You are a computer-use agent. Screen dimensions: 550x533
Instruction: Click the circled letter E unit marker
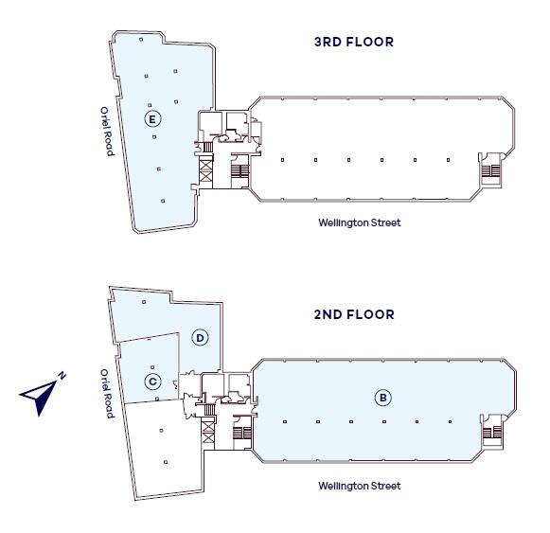pos(152,119)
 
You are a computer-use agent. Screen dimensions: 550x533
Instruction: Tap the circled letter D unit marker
pos(200,338)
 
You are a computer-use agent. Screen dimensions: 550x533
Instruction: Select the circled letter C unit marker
pos(153,382)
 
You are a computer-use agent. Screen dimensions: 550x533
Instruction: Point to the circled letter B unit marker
pos(382,398)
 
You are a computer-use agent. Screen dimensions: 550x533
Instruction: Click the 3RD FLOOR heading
pos(354,42)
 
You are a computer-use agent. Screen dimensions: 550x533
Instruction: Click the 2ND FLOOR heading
pos(354,314)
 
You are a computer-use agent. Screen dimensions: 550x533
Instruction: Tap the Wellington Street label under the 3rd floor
pos(360,222)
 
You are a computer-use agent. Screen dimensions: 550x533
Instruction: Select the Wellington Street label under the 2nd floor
pos(360,486)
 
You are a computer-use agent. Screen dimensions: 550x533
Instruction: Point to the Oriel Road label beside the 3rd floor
pos(107,132)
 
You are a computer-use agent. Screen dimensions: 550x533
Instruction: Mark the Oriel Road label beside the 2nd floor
pos(107,393)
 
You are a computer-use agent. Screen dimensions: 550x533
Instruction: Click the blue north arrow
pos(39,397)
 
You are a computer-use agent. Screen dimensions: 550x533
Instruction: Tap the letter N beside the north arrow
pos(62,376)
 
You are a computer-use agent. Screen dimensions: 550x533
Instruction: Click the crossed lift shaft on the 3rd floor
pos(206,169)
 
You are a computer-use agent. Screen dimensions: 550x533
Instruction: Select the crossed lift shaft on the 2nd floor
pos(207,432)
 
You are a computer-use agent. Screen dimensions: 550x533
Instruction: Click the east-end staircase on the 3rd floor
pos(490,171)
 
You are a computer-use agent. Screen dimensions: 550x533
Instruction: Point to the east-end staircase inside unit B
pos(491,433)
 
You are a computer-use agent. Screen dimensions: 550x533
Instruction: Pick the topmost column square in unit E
pos(141,40)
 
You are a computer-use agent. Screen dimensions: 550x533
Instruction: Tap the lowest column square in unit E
pos(163,201)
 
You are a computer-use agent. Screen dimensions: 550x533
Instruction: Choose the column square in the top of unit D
pos(144,302)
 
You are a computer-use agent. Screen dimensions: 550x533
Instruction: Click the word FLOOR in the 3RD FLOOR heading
pos(370,42)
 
